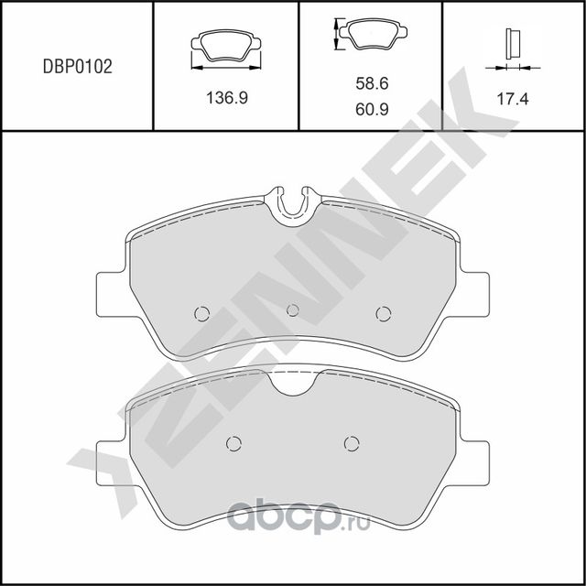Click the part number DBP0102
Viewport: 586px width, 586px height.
coord(78,67)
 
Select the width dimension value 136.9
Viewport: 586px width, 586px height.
coord(225,99)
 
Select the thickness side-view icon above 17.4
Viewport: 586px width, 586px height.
coord(509,46)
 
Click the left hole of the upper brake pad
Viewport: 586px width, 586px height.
coord(202,313)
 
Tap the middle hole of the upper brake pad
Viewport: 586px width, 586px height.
coord(293,310)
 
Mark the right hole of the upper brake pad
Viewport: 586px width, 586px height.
coord(383,313)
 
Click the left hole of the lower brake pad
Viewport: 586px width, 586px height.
coord(233,443)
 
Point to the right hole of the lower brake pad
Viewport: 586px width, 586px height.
coord(352,443)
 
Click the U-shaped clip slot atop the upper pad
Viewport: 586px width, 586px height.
coord(293,203)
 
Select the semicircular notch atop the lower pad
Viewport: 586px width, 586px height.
coord(293,383)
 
